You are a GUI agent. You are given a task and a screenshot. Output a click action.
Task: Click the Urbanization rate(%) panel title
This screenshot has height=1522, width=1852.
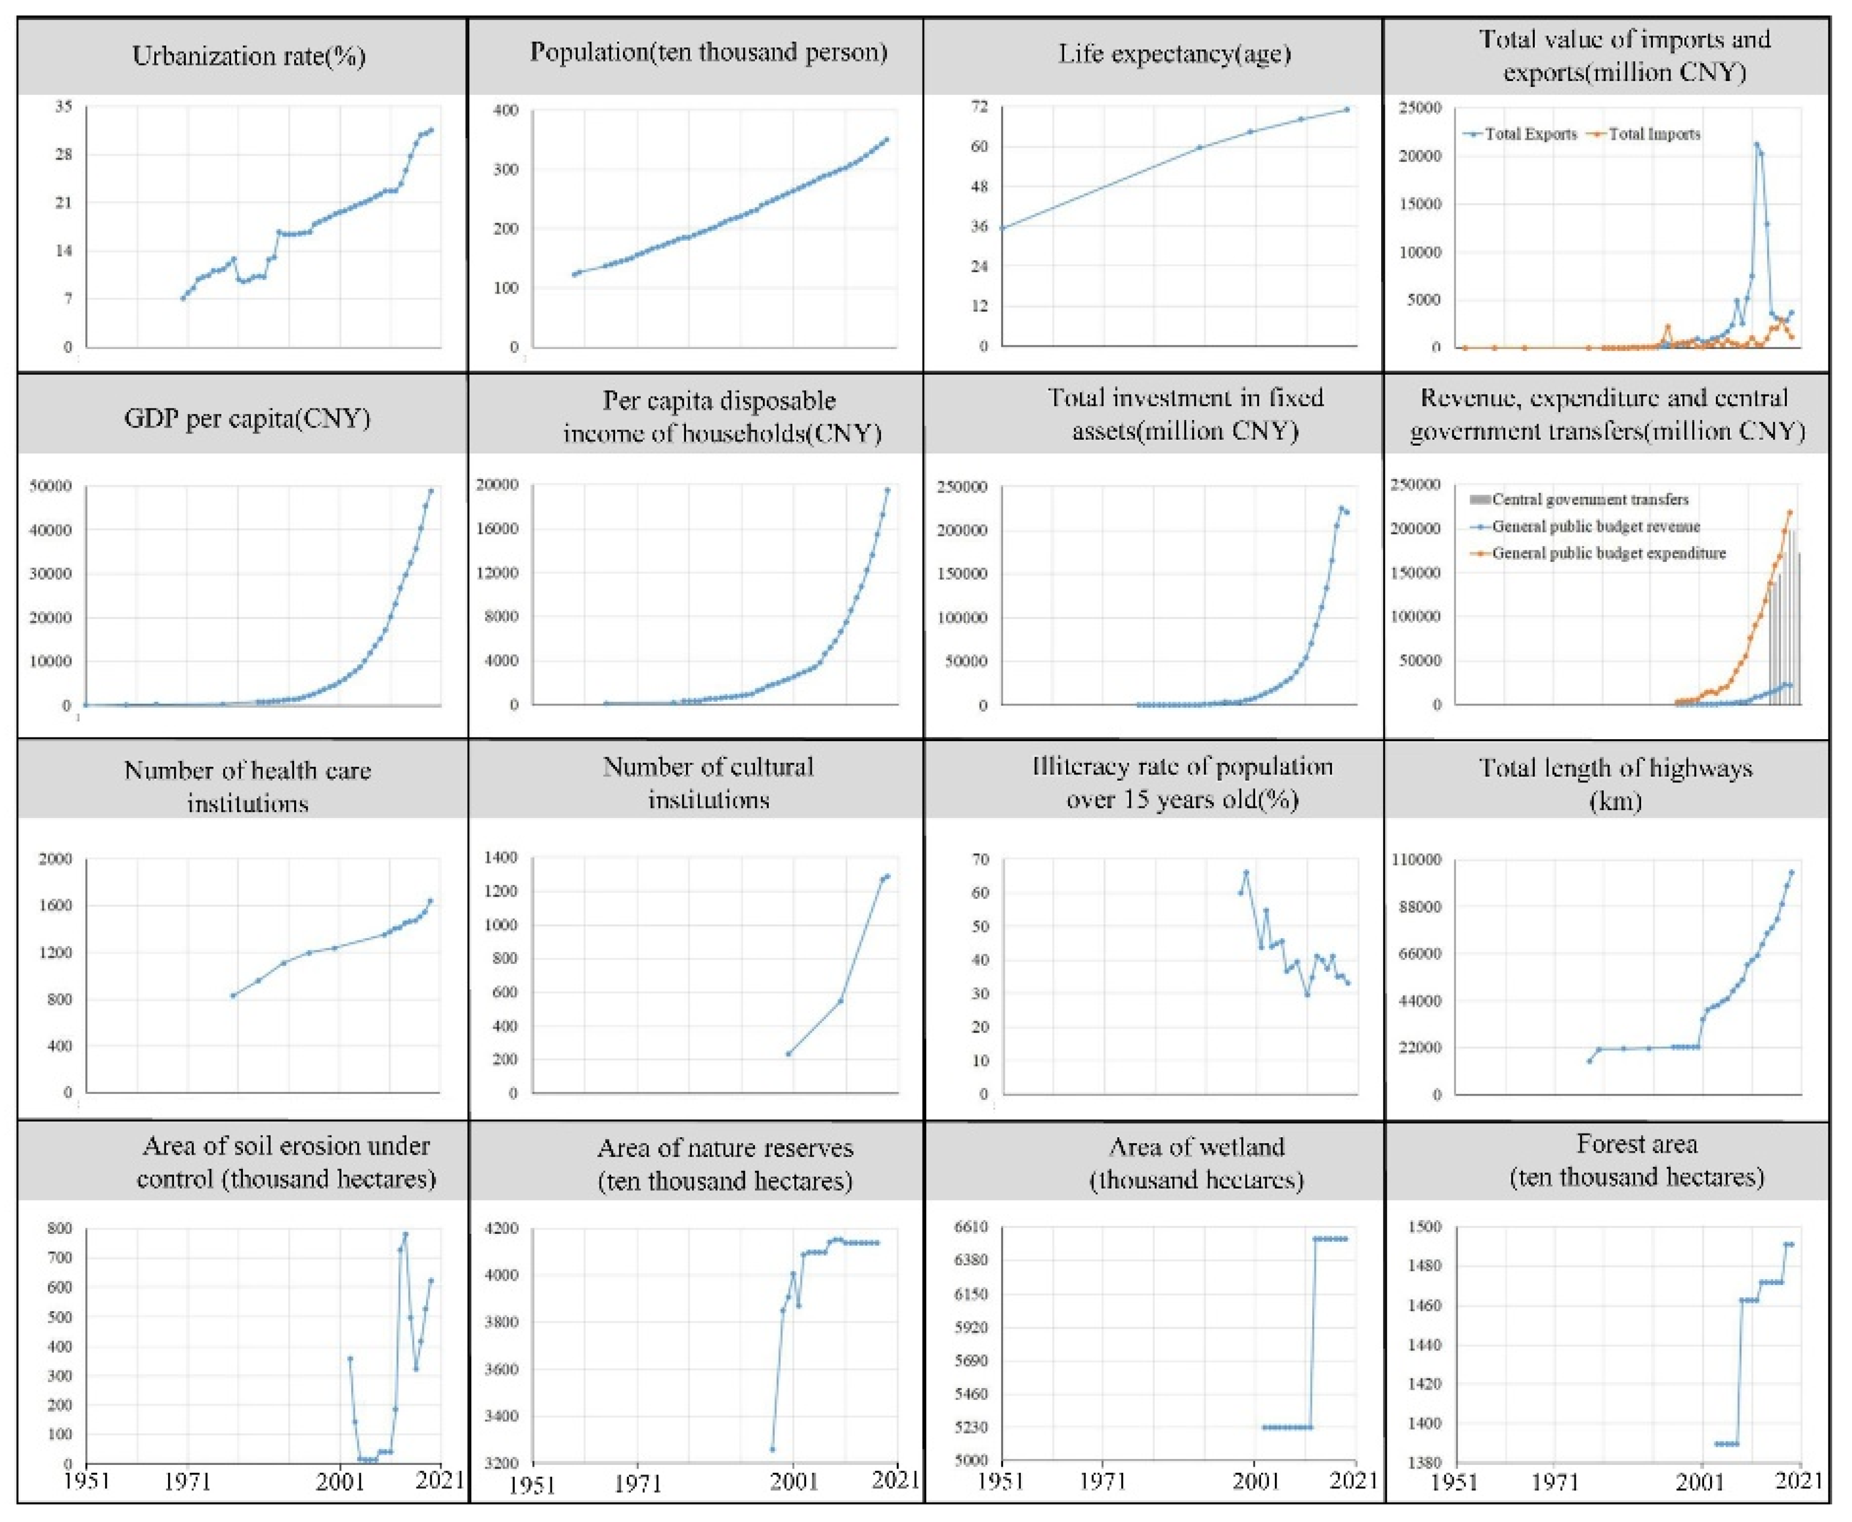pyautogui.click(x=248, y=56)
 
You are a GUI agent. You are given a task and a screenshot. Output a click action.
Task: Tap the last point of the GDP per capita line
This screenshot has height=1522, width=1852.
pyautogui.click(x=430, y=491)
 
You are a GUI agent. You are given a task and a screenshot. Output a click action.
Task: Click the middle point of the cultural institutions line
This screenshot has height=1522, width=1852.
pyautogui.click(x=840, y=1000)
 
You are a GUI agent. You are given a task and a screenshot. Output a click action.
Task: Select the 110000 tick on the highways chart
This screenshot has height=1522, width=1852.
pyautogui.click(x=1415, y=860)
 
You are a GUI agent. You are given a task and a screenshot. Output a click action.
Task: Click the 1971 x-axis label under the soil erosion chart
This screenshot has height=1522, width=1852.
pyautogui.click(x=188, y=1481)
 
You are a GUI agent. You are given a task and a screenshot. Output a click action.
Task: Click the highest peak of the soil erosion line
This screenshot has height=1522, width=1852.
pyautogui.click(x=405, y=1234)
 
